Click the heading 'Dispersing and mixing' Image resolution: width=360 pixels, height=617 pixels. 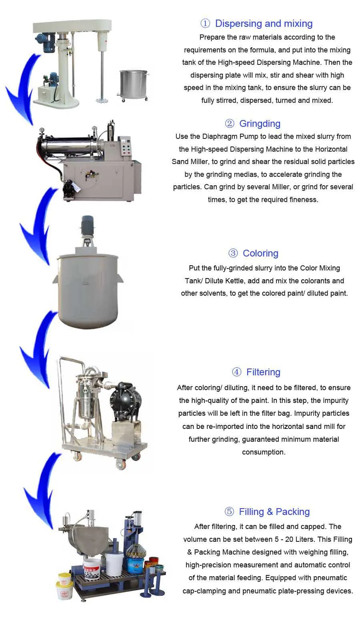click(x=264, y=24)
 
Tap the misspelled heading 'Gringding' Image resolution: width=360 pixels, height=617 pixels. click(x=260, y=123)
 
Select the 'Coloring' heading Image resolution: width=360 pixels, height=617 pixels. click(x=260, y=253)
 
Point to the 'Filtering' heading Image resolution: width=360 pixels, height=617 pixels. click(x=263, y=372)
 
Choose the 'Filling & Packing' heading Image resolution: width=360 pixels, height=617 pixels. click(x=274, y=512)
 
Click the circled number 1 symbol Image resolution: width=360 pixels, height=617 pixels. click(x=205, y=24)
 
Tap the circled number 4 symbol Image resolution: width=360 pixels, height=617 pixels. click(x=236, y=372)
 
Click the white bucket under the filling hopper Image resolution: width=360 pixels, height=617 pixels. click(x=92, y=568)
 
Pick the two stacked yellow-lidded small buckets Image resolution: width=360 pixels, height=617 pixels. click(x=64, y=585)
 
